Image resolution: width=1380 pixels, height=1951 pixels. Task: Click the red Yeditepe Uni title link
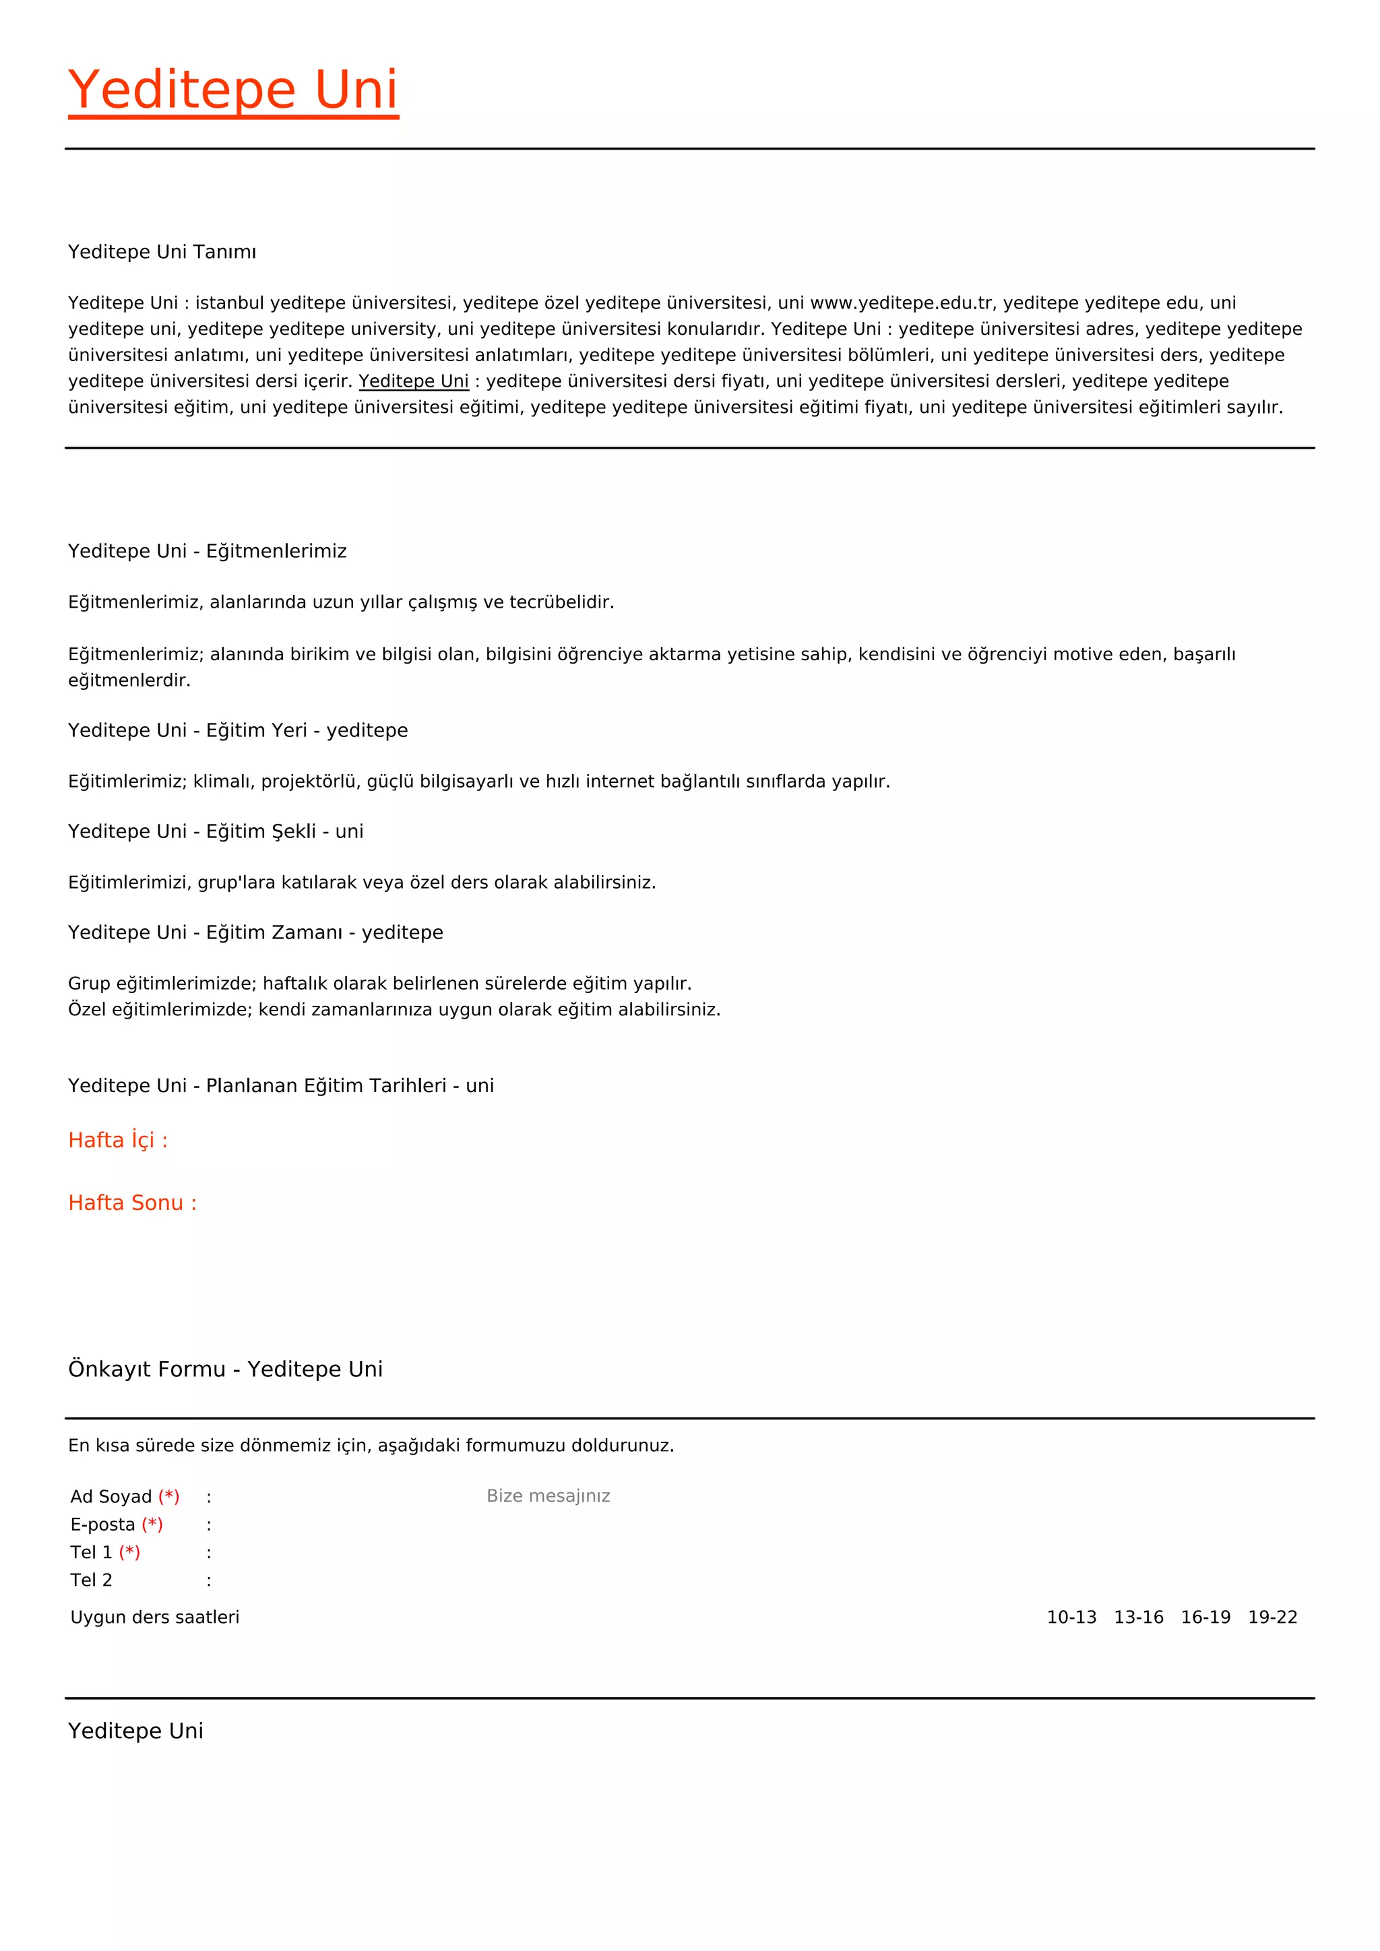(233, 90)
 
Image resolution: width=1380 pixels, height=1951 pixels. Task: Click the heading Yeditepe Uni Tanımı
(162, 251)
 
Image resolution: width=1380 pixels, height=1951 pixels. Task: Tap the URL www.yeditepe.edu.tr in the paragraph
(902, 302)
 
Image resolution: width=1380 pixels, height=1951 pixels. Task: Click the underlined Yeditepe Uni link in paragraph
(413, 381)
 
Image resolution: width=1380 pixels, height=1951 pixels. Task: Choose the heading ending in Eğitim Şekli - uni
(216, 831)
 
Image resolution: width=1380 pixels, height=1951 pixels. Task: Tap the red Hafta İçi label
(118, 1141)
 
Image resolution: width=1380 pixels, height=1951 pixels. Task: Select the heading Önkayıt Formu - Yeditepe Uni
(225, 1369)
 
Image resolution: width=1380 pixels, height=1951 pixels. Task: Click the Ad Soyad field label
(111, 1496)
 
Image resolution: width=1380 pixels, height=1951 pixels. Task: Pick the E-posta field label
(103, 1525)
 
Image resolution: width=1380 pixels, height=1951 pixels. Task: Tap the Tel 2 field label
(91, 1580)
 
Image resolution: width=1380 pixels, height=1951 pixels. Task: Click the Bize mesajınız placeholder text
(548, 1496)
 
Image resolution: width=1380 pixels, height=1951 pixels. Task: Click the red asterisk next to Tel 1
(129, 1552)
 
